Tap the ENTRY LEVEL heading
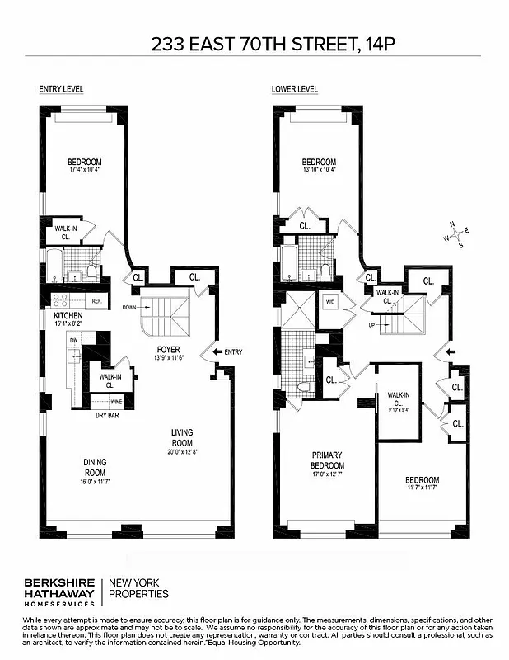click(x=61, y=89)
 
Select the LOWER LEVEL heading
click(x=295, y=89)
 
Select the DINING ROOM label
click(x=95, y=466)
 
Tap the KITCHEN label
click(x=68, y=317)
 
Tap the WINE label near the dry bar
click(x=116, y=402)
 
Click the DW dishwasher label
click(x=73, y=339)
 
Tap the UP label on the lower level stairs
click(x=372, y=325)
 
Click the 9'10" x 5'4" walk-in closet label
click(x=399, y=405)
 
